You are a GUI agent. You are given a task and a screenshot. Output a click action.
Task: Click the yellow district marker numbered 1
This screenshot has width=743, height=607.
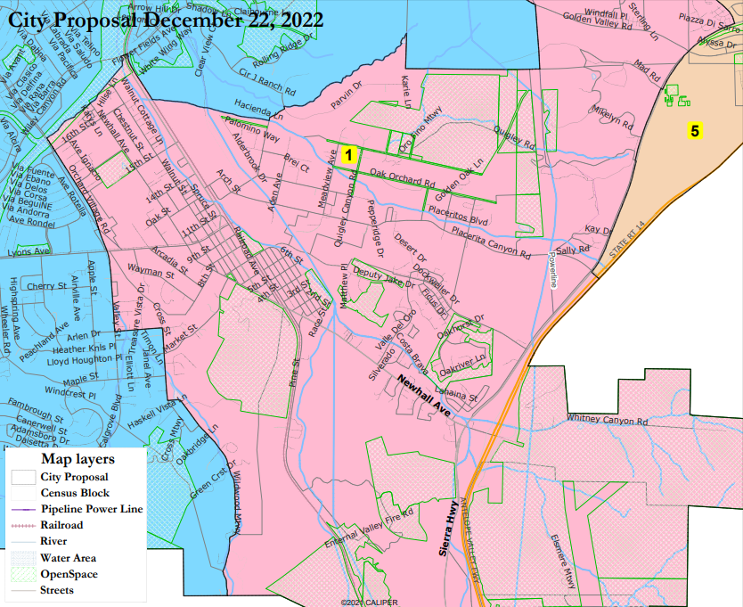tap(349, 154)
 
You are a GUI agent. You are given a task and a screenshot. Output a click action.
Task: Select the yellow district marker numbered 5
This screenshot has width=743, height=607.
tap(695, 131)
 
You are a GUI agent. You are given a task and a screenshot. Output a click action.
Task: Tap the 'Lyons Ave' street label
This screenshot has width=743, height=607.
tap(25, 253)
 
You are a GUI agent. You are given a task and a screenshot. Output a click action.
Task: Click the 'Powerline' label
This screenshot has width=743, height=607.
tap(552, 268)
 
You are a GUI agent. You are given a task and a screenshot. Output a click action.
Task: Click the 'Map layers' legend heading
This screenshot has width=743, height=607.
tap(78, 459)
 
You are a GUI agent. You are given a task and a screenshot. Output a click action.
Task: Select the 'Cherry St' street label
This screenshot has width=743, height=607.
tap(47, 287)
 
